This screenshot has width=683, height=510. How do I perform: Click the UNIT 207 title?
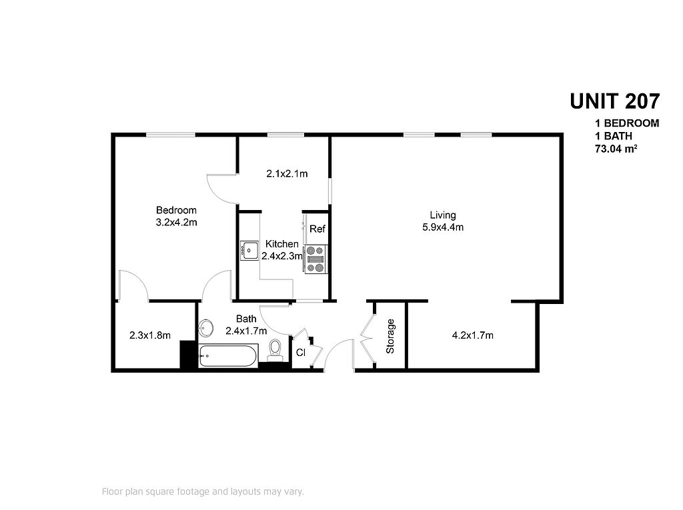[614, 101]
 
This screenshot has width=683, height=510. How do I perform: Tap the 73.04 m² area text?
[616, 149]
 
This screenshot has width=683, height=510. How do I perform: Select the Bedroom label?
[176, 211]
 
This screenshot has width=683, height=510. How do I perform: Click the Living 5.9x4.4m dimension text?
[443, 227]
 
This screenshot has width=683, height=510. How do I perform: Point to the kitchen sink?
[249, 250]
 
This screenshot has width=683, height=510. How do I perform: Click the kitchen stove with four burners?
[315, 259]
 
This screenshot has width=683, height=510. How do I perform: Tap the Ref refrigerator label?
[317, 229]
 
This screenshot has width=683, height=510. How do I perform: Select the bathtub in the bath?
[228, 356]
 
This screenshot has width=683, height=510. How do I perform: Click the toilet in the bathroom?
[275, 351]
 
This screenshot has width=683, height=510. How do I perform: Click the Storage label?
[390, 336]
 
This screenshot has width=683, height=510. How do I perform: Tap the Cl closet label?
[301, 353]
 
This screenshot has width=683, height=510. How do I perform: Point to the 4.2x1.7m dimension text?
[473, 335]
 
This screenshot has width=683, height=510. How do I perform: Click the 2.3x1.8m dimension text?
[150, 335]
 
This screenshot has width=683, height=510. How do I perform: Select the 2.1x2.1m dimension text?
[287, 174]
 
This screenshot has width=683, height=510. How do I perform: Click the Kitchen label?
[282, 244]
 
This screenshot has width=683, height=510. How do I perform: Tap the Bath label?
[246, 319]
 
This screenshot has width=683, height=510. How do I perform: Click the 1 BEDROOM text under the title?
[627, 123]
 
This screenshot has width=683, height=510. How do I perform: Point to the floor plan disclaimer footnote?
[203, 492]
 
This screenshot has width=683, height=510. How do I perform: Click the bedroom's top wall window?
[170, 135]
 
